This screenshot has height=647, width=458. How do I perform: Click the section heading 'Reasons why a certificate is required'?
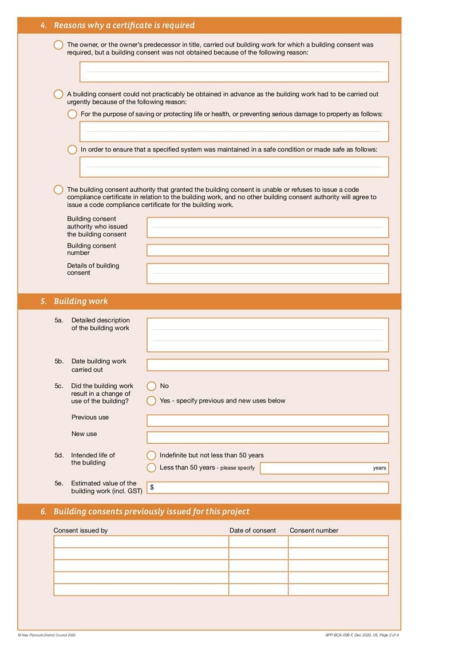124,25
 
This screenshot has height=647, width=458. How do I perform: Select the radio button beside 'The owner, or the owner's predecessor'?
58,45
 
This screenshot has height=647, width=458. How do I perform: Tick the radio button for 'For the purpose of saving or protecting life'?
72,114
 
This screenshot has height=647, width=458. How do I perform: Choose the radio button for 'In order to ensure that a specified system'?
72,149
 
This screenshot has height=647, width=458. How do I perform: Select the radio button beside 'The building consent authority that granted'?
58,190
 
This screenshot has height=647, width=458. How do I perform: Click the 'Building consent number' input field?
267,250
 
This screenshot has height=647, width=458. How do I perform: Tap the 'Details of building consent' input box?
267,273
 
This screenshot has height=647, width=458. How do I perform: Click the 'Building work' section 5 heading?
80,301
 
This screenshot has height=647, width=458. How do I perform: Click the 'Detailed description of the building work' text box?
267,335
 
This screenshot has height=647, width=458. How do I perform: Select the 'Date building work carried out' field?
267,365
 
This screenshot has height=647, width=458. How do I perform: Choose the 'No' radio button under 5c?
151,386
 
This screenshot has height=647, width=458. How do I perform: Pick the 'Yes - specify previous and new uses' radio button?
151,401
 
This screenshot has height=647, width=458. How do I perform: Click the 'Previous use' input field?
267,421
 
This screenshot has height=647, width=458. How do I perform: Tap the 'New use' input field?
267,437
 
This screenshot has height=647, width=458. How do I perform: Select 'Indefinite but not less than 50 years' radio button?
151,455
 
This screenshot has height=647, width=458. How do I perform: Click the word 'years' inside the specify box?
379,468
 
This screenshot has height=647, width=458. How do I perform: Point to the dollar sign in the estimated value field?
152,487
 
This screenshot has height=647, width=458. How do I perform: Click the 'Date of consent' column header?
252,530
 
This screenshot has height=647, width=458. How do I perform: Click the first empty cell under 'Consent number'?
338,542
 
